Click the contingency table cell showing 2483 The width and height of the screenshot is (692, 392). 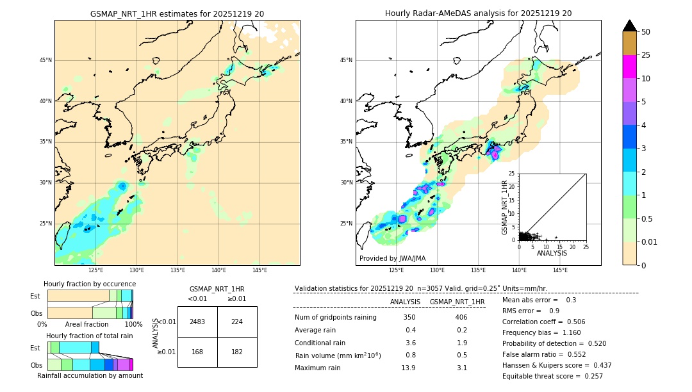[x=197, y=322]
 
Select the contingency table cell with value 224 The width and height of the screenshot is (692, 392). [x=237, y=322]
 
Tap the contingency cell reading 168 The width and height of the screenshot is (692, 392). [x=197, y=352]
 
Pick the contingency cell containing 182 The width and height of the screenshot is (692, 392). [x=237, y=352]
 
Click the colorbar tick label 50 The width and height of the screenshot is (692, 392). [x=646, y=32]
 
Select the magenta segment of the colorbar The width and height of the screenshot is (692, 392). [x=630, y=67]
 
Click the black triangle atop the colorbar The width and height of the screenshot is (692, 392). [x=630, y=26]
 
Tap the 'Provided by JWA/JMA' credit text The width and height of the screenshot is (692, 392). [x=392, y=258]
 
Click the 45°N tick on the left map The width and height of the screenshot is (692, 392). [x=45, y=60]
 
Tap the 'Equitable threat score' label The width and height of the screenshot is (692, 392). [x=542, y=376]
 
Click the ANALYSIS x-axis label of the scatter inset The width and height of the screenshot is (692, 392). [x=552, y=253]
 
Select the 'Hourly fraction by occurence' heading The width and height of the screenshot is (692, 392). [x=90, y=284]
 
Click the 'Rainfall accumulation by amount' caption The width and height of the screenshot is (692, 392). [x=90, y=375]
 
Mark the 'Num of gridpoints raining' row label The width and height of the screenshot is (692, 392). [x=335, y=317]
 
